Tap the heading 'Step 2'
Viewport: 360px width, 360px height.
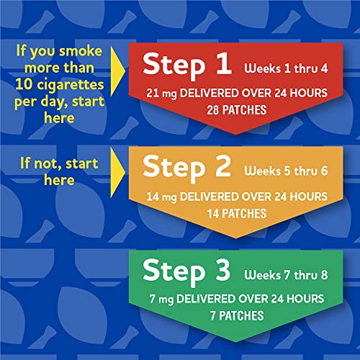(187, 166)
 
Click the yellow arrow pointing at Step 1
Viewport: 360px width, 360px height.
(116, 66)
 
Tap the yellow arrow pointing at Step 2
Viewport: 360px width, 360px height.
(116, 168)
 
